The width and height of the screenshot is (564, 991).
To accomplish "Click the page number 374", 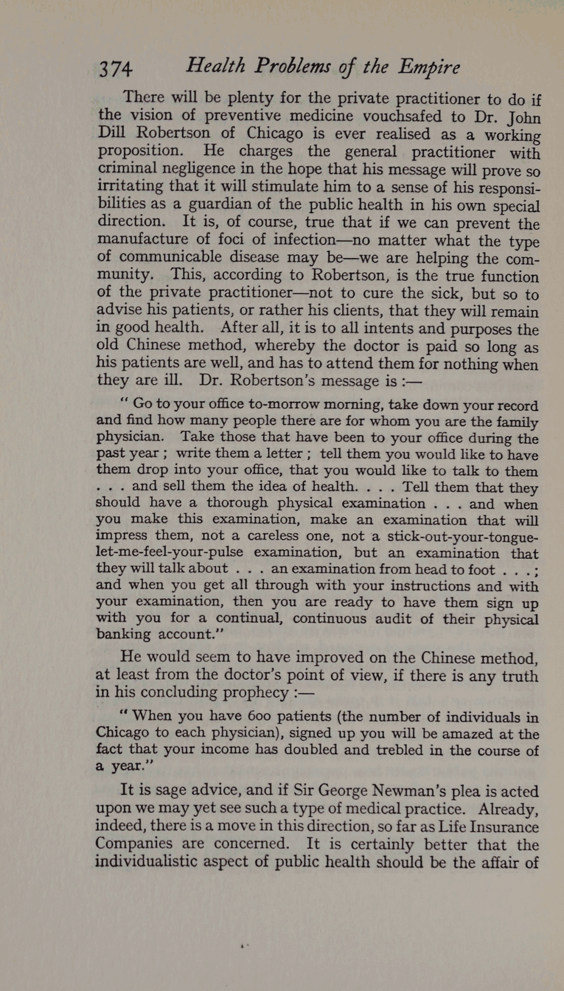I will tap(116, 69).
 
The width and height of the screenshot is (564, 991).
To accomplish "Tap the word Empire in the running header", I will tap(429, 67).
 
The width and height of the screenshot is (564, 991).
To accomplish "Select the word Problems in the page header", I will tap(293, 66).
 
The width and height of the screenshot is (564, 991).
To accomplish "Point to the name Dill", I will tap(111, 133).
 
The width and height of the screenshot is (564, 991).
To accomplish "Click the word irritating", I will tap(130, 186).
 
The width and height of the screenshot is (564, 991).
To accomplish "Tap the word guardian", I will tap(220, 204).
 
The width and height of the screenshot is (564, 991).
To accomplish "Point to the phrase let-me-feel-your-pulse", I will tap(169, 552).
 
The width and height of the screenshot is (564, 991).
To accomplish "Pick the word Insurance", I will tap(504, 827).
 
